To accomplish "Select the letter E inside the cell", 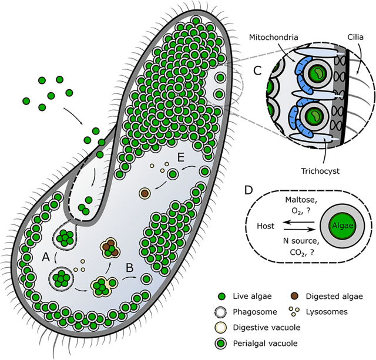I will click(181, 159).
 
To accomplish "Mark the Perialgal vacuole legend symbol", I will click(223, 342).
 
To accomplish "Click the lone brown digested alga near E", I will click(143, 192).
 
